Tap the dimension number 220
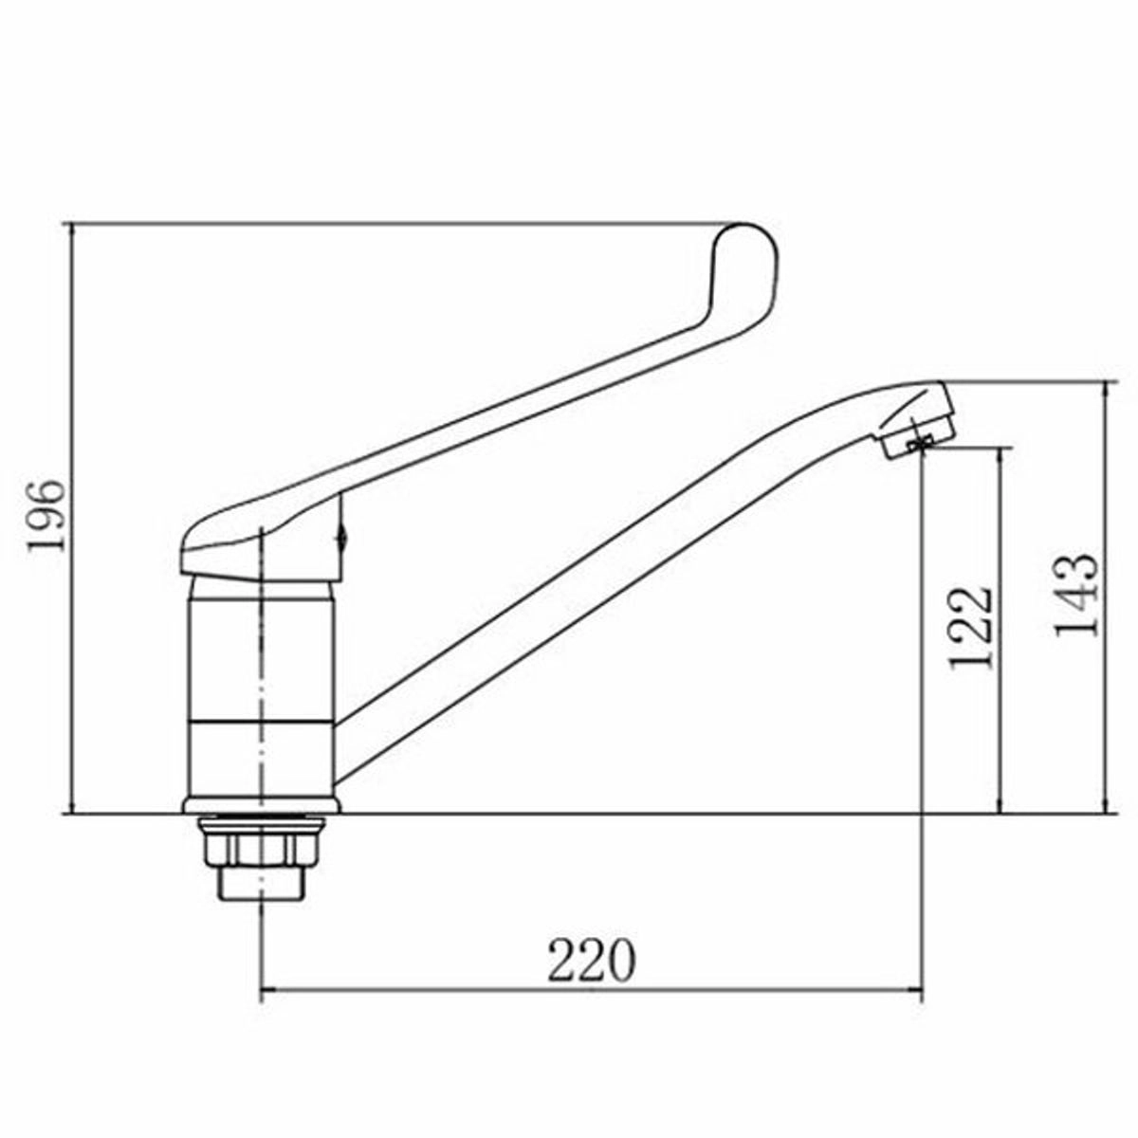[x=591, y=959]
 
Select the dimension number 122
[x=970, y=628]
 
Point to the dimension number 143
[x=1076, y=596]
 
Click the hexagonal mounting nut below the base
[x=262, y=845]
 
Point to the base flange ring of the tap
[x=262, y=805]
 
